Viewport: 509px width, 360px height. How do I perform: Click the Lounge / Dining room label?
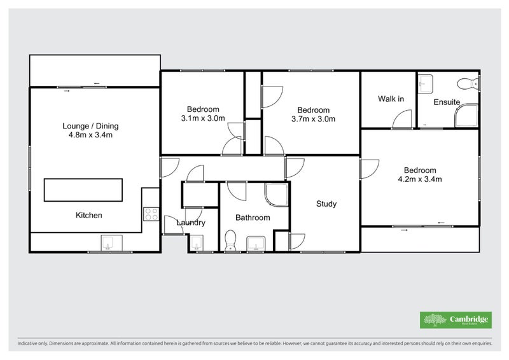(90, 126)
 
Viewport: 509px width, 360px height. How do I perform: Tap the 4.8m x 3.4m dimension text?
(90, 135)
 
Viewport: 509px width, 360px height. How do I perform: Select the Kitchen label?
(89, 216)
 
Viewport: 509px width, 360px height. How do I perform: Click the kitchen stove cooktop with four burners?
(151, 214)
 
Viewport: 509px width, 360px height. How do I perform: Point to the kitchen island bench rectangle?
(82, 190)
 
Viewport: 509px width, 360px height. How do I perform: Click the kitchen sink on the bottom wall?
(108, 243)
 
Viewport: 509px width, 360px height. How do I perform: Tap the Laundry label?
(190, 223)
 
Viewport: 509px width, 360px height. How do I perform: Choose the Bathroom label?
(253, 218)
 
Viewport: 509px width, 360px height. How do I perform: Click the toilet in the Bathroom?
(231, 240)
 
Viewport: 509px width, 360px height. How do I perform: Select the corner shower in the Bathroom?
(275, 196)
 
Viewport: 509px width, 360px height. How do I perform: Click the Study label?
(326, 204)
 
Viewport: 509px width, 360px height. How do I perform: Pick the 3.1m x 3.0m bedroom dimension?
(204, 118)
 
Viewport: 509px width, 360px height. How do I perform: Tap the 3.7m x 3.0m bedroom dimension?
(313, 118)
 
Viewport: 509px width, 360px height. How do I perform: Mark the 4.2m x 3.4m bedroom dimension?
(420, 179)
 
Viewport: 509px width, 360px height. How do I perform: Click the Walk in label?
(391, 99)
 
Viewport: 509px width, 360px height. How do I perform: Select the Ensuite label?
(447, 102)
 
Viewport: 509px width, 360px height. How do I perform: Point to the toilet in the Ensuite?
(471, 83)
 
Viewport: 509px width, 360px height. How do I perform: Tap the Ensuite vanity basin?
(426, 83)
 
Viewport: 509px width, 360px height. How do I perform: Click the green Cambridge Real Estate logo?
(455, 320)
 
